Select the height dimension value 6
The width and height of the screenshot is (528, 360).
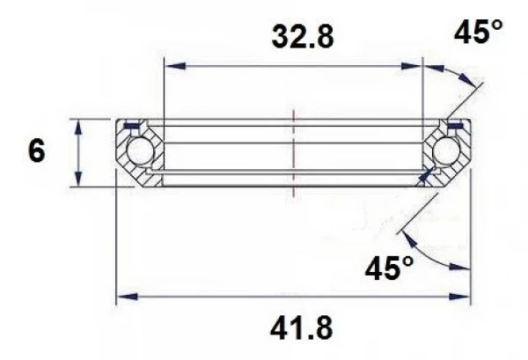click(x=37, y=151)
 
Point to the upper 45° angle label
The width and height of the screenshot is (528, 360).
click(x=478, y=34)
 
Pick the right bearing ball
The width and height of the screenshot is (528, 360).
click(x=447, y=152)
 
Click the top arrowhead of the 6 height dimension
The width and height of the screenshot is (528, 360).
click(x=80, y=124)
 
